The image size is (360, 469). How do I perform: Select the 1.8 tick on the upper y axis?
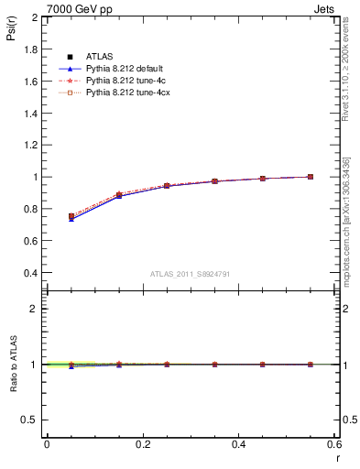click(x=32, y=49)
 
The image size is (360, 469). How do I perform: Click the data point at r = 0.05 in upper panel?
click(x=71, y=216)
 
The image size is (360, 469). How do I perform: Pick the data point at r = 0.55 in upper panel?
click(x=310, y=177)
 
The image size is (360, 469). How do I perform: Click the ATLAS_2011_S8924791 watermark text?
click(x=191, y=274)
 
